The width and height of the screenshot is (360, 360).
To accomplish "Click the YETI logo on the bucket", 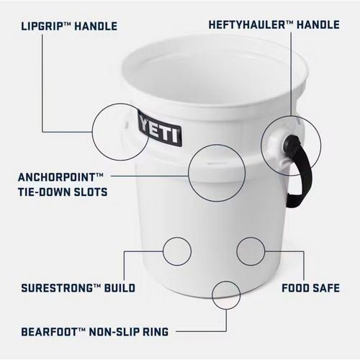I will click(160, 131).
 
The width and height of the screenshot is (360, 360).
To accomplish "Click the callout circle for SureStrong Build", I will click(176, 251).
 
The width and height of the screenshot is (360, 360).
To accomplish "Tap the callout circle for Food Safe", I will click(251, 251).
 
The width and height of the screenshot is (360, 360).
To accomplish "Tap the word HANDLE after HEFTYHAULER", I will click(317, 25).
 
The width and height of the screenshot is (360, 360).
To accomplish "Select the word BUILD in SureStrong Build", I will click(118, 288).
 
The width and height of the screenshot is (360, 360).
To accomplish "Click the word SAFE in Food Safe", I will click(328, 288).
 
